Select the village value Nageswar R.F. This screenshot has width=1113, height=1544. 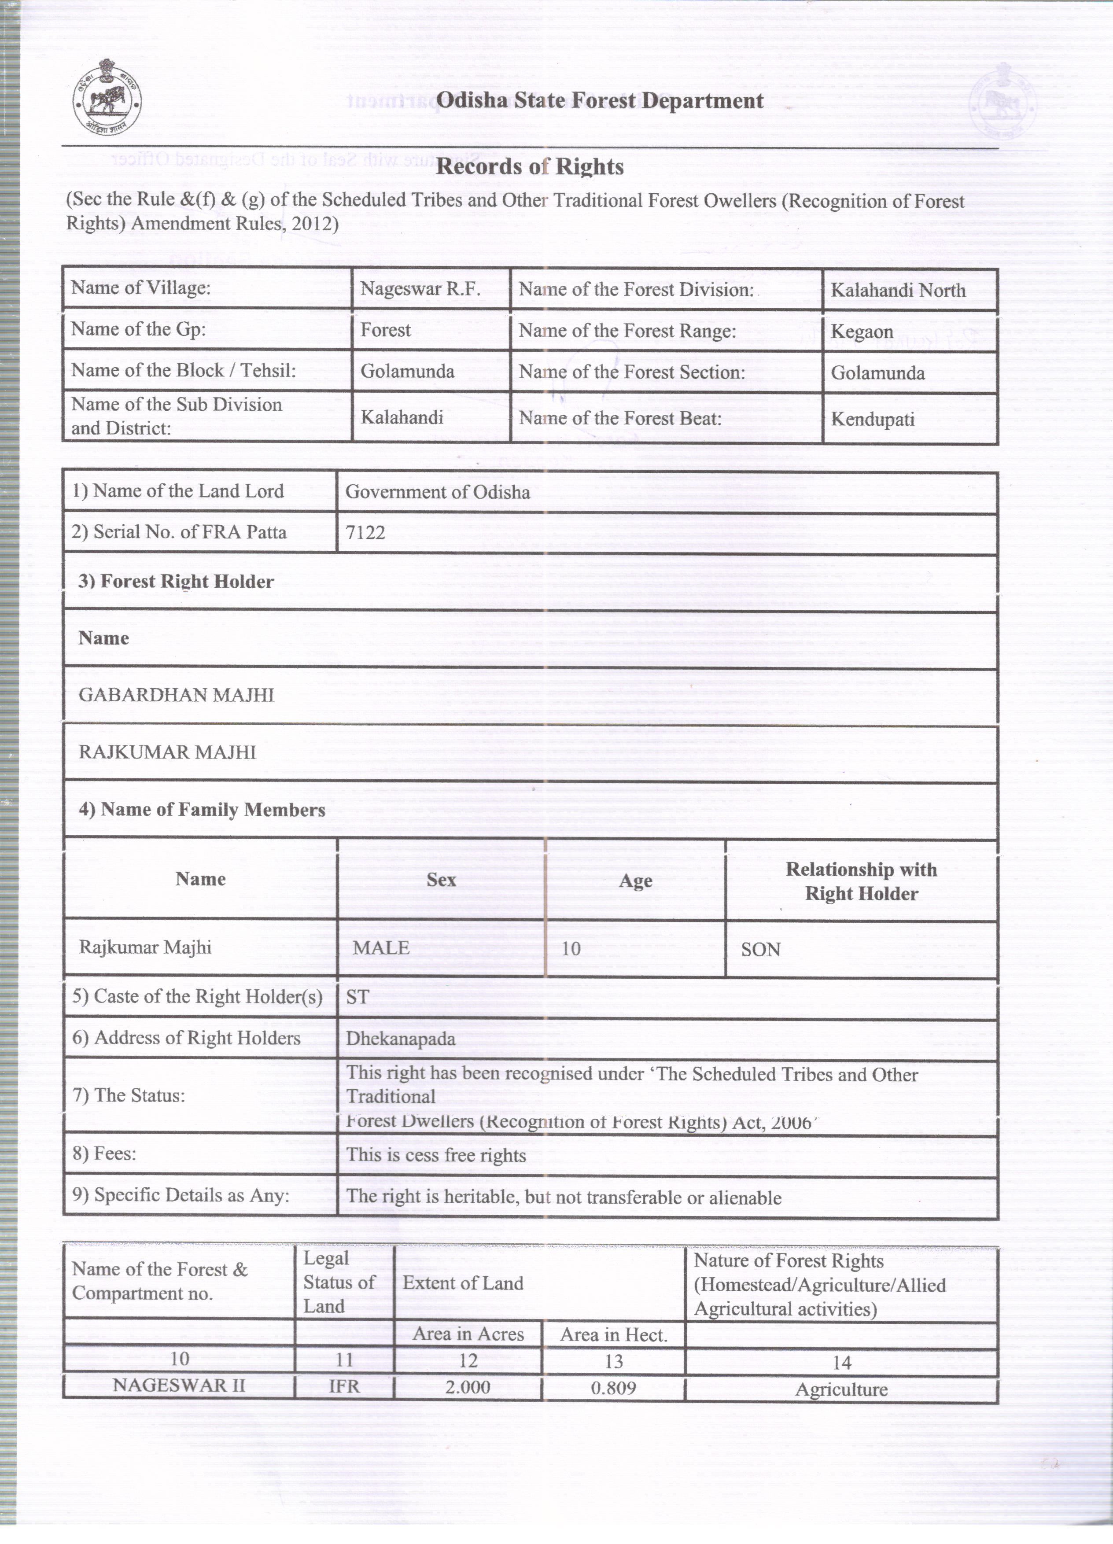pyautogui.click(x=420, y=289)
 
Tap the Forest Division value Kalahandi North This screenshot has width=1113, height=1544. pyautogui.click(x=897, y=291)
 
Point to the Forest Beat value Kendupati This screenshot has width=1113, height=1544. pyautogui.click(x=872, y=420)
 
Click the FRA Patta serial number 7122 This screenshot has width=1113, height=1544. pyautogui.click(x=365, y=532)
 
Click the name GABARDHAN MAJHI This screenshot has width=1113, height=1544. pyautogui.click(x=176, y=695)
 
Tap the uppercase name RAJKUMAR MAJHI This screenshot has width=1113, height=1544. pyautogui.click(x=167, y=752)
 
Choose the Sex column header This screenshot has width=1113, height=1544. pyautogui.click(x=441, y=880)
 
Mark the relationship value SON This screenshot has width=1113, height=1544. pyautogui.click(x=760, y=950)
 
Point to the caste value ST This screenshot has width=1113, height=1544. pyautogui.click(x=357, y=997)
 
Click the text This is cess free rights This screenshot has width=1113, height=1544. pyautogui.click(x=436, y=1155)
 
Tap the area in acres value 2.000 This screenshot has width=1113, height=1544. pyautogui.click(x=468, y=1387)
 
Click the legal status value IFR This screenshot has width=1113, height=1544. pyautogui.click(x=344, y=1387)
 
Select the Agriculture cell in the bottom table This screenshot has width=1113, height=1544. pyautogui.click(x=841, y=1389)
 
